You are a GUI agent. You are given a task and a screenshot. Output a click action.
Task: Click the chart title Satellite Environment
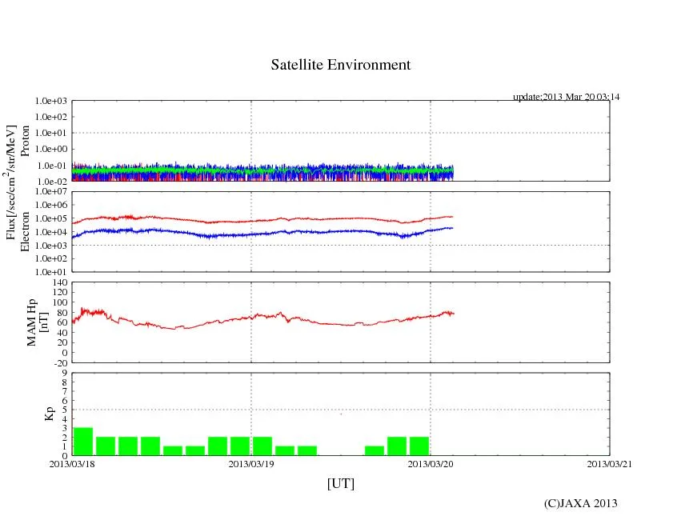pyautogui.click(x=341, y=65)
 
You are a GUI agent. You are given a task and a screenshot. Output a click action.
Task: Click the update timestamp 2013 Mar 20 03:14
pyautogui.click(x=567, y=97)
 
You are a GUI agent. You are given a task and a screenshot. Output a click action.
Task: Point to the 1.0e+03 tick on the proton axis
pyautogui.click(x=50, y=102)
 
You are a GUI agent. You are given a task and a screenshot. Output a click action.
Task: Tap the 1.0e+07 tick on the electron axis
pyautogui.click(x=50, y=192)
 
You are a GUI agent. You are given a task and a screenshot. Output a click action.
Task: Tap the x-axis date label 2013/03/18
pyautogui.click(x=72, y=463)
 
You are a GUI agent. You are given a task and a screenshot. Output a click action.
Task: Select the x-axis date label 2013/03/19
pyautogui.click(x=251, y=463)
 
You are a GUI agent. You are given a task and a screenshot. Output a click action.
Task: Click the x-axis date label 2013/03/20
pyautogui.click(x=431, y=463)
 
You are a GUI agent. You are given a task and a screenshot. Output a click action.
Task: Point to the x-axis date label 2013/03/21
pyautogui.click(x=610, y=463)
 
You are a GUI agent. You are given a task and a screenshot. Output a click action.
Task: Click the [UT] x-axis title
pyautogui.click(x=341, y=484)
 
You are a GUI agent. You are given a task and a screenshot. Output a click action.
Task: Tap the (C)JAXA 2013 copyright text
pyautogui.click(x=580, y=503)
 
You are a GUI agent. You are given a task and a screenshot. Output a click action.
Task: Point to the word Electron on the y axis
pyautogui.click(x=25, y=232)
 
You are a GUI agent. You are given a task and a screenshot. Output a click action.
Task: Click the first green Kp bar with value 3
pyautogui.click(x=83, y=441)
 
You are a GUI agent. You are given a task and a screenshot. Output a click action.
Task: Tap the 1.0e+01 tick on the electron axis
pyautogui.click(x=50, y=271)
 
